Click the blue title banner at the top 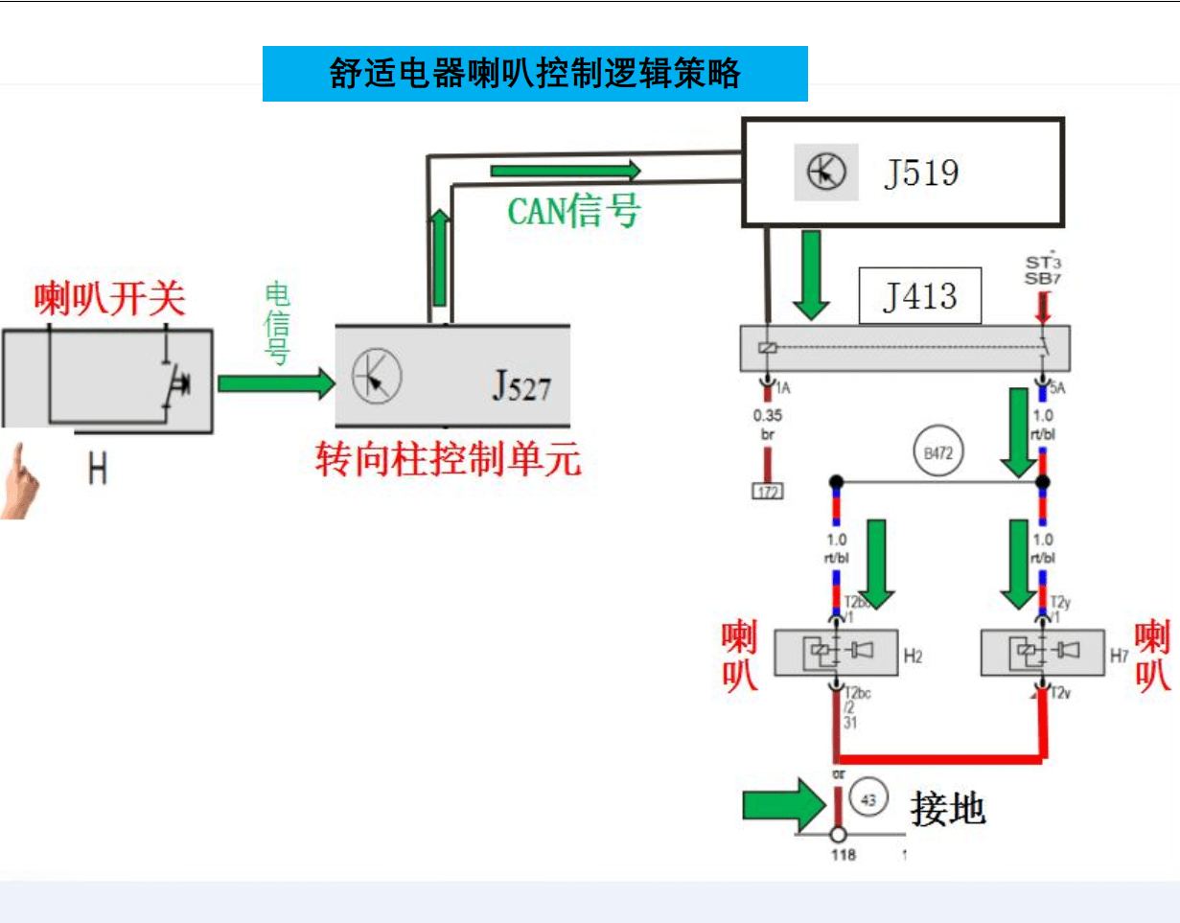coord(535,74)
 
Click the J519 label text coord(920,173)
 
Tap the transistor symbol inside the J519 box coord(825,173)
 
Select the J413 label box coord(919,296)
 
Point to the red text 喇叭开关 coord(109,300)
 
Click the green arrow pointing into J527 coord(276,384)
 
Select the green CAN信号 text coord(573,211)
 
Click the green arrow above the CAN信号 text coord(565,171)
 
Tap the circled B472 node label coord(938,452)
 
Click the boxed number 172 coord(767,493)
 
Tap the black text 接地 coord(947,809)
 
